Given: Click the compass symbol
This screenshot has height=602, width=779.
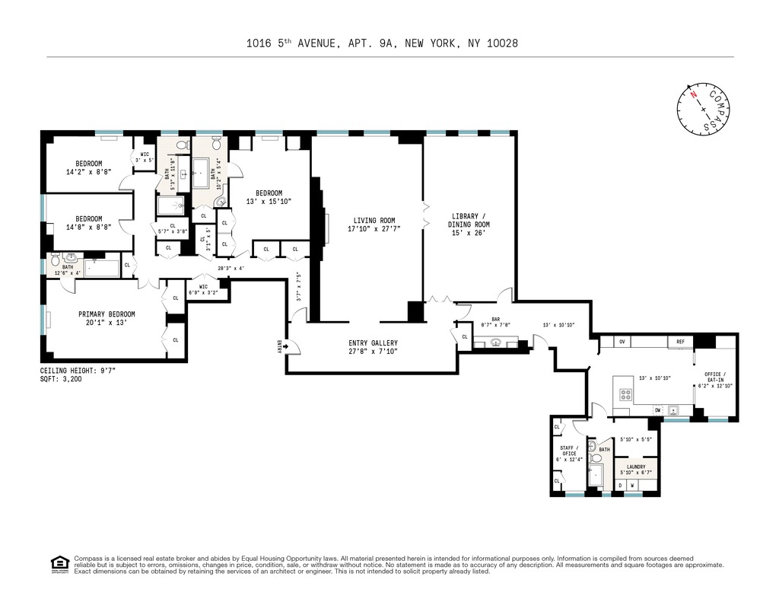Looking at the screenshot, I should click(704, 108).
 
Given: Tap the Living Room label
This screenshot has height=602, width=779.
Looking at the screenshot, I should click(371, 220).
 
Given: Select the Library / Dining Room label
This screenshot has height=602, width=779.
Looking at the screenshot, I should click(469, 220).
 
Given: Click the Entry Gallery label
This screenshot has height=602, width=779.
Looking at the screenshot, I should click(373, 343).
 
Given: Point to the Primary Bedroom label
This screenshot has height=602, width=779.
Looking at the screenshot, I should click(107, 314).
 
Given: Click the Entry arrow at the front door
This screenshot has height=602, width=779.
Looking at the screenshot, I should click(281, 347).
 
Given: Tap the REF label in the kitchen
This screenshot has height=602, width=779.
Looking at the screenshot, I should click(680, 342).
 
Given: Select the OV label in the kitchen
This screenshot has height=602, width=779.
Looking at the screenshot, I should click(622, 342).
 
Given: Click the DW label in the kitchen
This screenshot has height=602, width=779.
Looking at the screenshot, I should click(657, 410).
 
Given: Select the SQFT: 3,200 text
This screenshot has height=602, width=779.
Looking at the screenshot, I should click(61, 378).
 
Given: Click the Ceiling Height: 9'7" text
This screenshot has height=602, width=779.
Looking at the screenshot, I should click(78, 371).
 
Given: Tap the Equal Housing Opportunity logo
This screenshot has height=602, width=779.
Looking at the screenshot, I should click(58, 564).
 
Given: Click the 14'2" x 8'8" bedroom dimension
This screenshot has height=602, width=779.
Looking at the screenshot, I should click(89, 172).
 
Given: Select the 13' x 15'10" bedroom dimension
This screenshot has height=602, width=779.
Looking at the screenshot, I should click(269, 201).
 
